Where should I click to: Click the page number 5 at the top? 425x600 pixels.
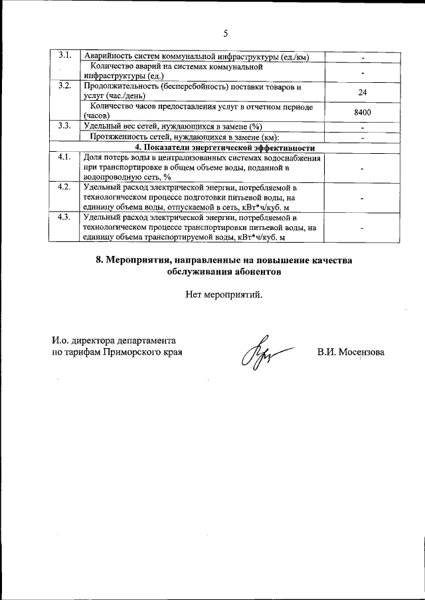tap(225, 34)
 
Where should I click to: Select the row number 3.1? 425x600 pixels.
tap(64, 55)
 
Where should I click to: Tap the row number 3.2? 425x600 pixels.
tap(64, 86)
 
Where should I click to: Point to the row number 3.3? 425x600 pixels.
tap(64, 125)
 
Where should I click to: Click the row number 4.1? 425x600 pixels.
tap(64, 157)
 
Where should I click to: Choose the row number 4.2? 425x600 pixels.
tap(64, 186)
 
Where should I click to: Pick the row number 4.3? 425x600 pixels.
tap(64, 217)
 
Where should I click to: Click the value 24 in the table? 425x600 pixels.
tap(362, 92)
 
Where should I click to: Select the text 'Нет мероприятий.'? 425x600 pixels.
tap(224, 294)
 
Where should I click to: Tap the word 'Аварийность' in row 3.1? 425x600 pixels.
tap(108, 56)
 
